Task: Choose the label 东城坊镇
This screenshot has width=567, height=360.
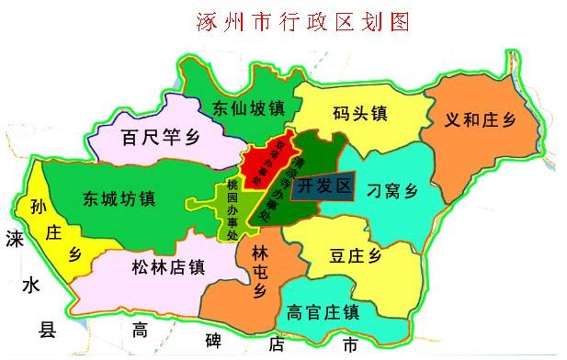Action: [119, 197]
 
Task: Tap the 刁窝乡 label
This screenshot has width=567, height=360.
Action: [392, 190]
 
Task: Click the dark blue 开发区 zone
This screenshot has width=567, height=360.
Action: [324, 186]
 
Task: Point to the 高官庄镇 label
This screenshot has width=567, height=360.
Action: [322, 311]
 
